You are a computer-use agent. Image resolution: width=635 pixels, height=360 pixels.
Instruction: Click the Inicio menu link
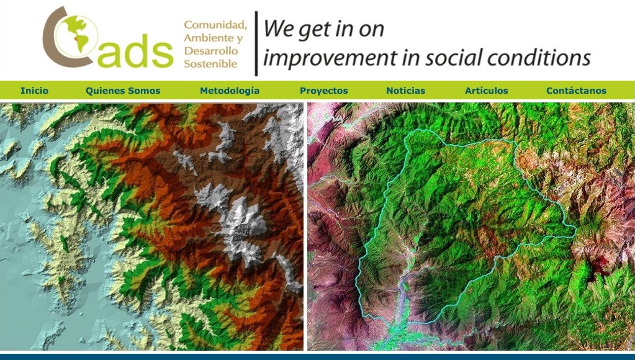[34, 91]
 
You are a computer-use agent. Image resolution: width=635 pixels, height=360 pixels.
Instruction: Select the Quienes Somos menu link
[123, 91]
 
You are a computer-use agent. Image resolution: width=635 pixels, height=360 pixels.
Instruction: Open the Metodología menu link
[230, 91]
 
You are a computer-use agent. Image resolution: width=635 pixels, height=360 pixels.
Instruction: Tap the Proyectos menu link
[324, 91]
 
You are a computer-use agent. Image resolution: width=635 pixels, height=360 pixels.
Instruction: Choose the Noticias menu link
[406, 91]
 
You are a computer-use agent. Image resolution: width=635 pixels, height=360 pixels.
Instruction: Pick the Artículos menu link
[487, 91]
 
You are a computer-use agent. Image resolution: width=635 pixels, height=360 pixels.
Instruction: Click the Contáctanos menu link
[576, 91]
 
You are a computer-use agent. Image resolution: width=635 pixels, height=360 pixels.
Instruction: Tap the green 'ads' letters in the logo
[135, 51]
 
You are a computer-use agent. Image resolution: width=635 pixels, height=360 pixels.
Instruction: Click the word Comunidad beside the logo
[215, 25]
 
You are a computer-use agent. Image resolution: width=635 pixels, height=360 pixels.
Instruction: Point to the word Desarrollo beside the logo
[211, 51]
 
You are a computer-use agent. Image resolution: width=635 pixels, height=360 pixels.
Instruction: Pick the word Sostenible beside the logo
[210, 63]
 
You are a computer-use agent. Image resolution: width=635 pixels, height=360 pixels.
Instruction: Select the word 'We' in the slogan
[279, 29]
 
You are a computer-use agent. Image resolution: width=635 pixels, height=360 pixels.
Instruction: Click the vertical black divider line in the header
[256, 43]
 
